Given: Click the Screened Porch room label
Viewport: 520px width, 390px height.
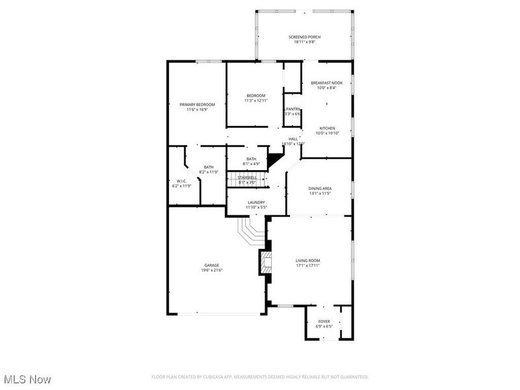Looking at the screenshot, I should tap(304, 36).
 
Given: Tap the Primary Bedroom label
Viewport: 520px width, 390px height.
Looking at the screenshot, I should tap(197, 104).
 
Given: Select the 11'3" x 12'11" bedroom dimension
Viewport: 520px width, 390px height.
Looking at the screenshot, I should tap(255, 101).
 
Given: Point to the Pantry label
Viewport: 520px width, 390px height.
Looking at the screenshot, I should tap(293, 109).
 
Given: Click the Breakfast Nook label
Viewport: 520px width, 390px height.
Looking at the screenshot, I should tap(326, 83).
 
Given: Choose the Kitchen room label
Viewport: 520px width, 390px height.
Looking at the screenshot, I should tap(327, 128).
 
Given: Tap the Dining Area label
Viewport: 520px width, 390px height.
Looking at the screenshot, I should tap(319, 188).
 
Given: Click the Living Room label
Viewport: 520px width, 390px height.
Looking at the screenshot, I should tap(308, 260).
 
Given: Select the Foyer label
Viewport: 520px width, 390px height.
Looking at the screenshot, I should tap(324, 321).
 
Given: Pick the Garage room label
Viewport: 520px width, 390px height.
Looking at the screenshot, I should tap(212, 265).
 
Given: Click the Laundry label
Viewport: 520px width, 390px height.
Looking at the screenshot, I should tap(255, 202).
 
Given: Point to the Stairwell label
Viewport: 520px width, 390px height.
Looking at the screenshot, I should tap(247, 177).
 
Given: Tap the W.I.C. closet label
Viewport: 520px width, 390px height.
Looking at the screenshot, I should tap(182, 181).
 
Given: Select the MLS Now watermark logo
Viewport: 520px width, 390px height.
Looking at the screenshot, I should tap(28, 378).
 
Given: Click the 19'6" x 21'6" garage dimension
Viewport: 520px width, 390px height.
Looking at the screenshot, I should tap(212, 270).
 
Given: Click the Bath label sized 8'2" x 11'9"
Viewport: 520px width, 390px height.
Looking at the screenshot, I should tap(209, 167).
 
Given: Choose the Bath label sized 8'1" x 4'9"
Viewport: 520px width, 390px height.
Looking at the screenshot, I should tap(252, 159).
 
